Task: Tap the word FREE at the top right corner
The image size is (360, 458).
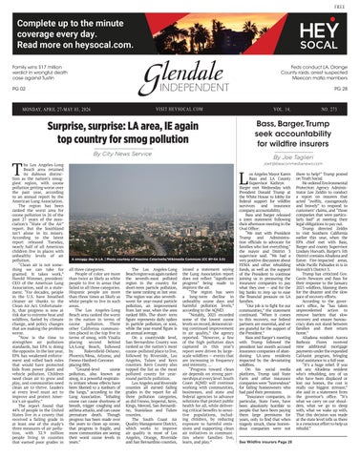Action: [x=347, y=4]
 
